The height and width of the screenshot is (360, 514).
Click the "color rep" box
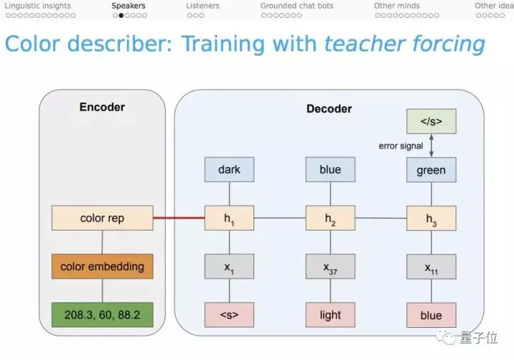(102, 218)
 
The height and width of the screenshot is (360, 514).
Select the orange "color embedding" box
(102, 266)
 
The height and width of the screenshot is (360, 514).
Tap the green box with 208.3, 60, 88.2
(102, 315)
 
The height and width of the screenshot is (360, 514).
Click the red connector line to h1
(178, 217)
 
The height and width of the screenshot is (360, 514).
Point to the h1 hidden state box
(229, 218)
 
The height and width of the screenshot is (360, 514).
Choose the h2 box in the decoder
(330, 218)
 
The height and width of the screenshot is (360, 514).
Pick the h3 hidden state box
(430, 218)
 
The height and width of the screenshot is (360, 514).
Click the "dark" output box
(229, 170)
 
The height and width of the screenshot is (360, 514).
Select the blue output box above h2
(330, 170)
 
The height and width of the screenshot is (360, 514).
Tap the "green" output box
(430, 170)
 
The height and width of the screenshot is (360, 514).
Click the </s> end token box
(430, 121)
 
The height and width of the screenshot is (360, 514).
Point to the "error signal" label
(401, 146)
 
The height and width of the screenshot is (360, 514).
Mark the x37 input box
(330, 266)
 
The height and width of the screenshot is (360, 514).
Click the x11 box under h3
(430, 266)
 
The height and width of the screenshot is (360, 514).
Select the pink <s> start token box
(229, 315)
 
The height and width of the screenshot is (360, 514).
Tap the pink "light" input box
(330, 315)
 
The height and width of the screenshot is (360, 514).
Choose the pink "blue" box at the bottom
(430, 315)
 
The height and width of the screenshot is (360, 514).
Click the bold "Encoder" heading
(102, 107)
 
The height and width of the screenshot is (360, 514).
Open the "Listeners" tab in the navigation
(203, 6)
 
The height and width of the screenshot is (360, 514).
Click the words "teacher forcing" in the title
(404, 44)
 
